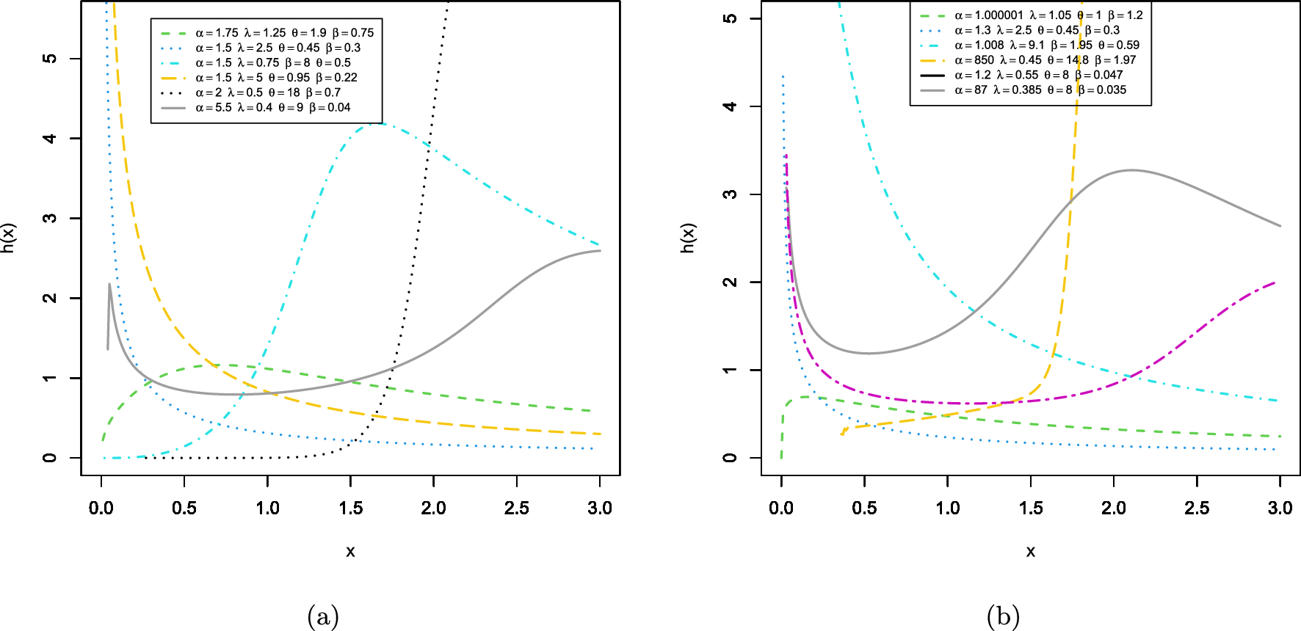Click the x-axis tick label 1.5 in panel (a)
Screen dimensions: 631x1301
[350, 508]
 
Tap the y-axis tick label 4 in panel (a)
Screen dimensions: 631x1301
[49, 138]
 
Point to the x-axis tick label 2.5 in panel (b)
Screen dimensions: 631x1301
[1197, 508]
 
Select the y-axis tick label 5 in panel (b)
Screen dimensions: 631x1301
[730, 18]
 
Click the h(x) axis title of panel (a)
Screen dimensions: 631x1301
[8, 238]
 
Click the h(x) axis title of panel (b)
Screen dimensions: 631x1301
[688, 238]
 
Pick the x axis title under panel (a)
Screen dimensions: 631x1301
[350, 551]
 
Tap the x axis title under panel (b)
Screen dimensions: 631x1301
[1031, 551]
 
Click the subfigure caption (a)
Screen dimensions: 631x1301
[323, 616]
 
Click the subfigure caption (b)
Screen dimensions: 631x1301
[1004, 616]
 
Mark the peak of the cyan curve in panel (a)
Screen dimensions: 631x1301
[376, 123]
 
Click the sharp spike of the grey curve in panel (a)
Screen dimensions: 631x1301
[109, 284]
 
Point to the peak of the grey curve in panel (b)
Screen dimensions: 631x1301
[1131, 170]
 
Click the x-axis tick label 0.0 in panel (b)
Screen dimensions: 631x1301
[781, 508]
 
